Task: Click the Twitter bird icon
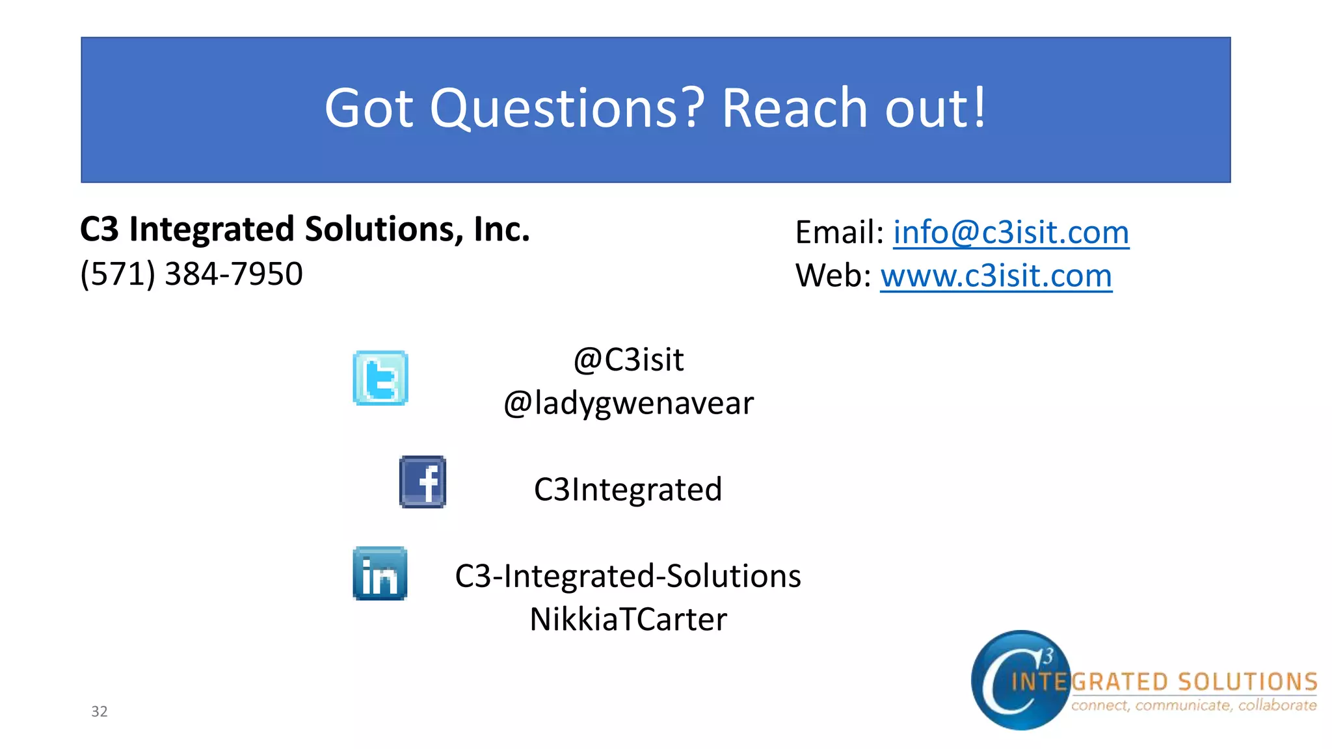point(380,378)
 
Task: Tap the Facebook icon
point(423,482)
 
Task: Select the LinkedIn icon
point(380,573)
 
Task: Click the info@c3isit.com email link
point(1011,232)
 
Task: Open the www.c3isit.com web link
point(996,276)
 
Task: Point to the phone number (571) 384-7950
point(191,274)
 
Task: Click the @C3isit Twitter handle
point(628,360)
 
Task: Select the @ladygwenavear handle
point(628,403)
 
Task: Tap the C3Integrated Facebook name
point(628,490)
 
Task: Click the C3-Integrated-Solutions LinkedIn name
point(628,576)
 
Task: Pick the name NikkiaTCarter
point(628,619)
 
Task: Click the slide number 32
point(100,711)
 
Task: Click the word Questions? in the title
point(567,108)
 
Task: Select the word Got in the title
point(369,108)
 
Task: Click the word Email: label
point(839,232)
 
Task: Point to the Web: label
point(832,276)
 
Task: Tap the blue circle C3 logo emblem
point(1019,680)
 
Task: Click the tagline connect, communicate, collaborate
point(1193,705)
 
